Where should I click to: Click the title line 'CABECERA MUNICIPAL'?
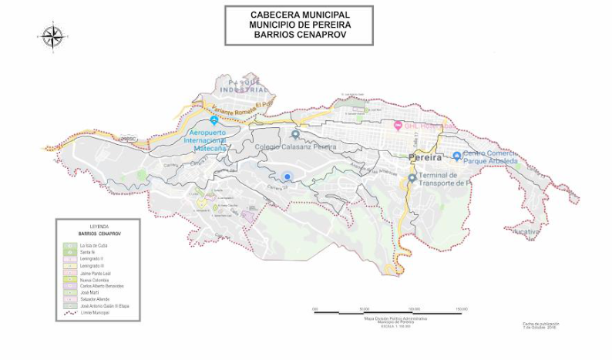pyautogui.click(x=299, y=15)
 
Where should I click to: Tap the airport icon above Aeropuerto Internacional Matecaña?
pyautogui.click(x=214, y=121)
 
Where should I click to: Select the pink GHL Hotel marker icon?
pyautogui.click(x=398, y=126)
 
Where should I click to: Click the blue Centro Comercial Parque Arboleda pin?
pyautogui.click(x=456, y=156)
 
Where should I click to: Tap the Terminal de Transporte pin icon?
pyautogui.click(x=412, y=178)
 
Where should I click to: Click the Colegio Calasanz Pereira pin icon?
pyautogui.click(x=294, y=135)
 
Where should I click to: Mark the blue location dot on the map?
pyautogui.click(x=288, y=177)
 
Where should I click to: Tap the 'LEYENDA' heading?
pyautogui.click(x=99, y=226)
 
